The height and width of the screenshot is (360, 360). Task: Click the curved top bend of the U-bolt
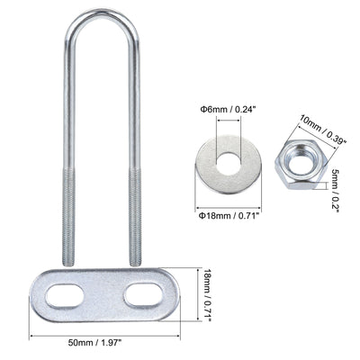(100, 15)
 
